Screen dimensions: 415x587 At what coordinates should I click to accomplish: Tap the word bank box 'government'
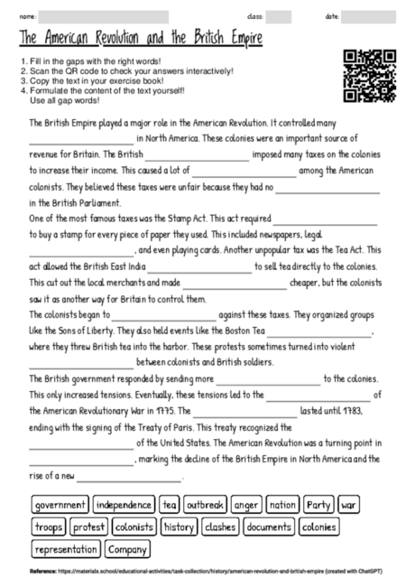[x=60, y=505]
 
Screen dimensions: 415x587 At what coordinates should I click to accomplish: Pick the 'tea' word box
[x=171, y=505]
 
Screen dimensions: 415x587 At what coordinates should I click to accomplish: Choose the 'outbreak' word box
[x=205, y=505]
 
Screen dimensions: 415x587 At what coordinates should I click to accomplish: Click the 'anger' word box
[x=245, y=505]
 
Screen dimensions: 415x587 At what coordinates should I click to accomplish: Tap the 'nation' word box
[x=282, y=505]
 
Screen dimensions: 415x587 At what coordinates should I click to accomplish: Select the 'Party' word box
[x=318, y=505]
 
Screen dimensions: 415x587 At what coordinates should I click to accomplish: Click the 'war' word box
[x=349, y=505]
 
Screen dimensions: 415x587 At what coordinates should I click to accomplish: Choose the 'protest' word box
[x=88, y=526]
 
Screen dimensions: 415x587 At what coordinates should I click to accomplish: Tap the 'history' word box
[x=180, y=526]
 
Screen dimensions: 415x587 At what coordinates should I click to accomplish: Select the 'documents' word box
[x=269, y=526]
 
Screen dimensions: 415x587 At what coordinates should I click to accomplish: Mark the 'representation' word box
[x=67, y=548]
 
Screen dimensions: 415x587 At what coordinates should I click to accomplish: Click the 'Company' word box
[x=127, y=548]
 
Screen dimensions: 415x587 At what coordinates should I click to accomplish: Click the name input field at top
[x=104, y=16]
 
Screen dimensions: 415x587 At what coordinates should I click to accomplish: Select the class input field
[x=279, y=16]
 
